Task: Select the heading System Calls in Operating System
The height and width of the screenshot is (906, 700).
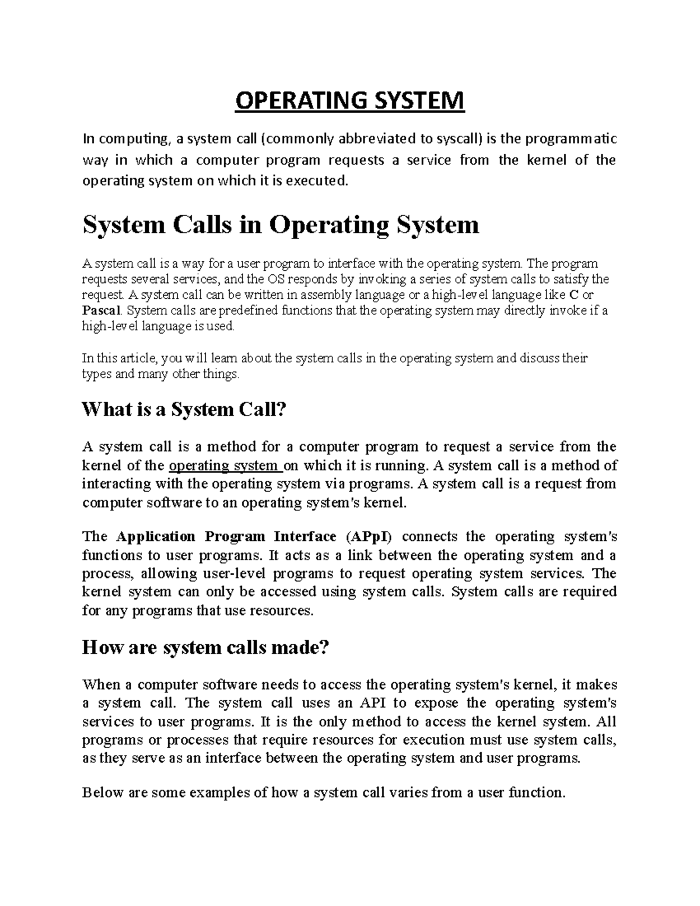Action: click(281, 225)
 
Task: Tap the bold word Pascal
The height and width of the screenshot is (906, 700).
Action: click(102, 310)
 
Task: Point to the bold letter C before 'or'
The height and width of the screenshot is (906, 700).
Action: click(573, 295)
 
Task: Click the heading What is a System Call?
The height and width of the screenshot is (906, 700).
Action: click(185, 410)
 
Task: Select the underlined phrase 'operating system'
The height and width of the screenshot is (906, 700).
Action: click(223, 466)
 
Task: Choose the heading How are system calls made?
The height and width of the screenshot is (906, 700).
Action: click(206, 647)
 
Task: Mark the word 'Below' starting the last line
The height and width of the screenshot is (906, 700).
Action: click(101, 792)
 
